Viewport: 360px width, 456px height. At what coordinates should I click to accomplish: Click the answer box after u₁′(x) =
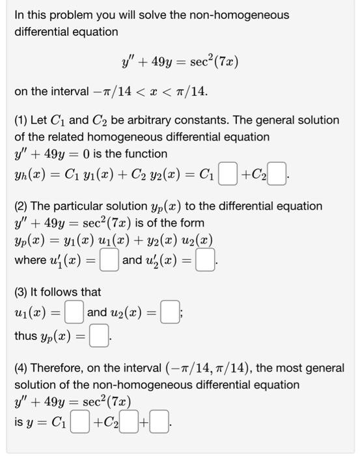tap(110, 261)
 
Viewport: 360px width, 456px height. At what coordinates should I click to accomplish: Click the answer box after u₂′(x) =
tap(206, 261)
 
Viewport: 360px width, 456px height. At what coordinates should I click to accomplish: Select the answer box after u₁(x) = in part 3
tap(76, 313)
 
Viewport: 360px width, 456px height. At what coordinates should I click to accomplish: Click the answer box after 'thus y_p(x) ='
tap(99, 337)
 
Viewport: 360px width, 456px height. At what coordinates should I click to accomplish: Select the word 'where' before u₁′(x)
tap(30, 261)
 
